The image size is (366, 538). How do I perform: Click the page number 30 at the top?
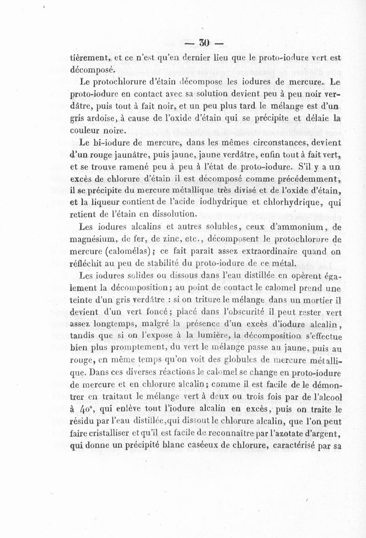click(x=204, y=43)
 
